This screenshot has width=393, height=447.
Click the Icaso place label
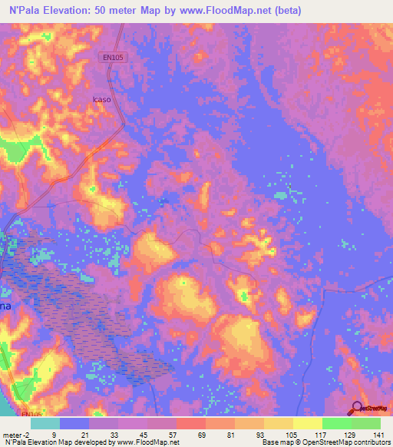(101, 99)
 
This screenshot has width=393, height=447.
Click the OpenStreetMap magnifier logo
(357, 408)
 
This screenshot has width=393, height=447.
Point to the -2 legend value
(21, 434)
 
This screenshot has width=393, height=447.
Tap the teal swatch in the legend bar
(45, 423)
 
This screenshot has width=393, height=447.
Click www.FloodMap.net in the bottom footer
(147, 442)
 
